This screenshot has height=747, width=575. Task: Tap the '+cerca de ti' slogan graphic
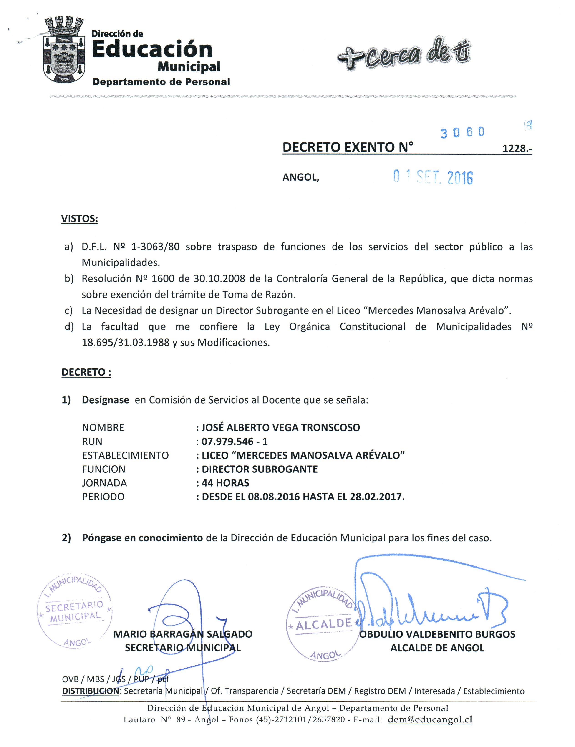[x=404, y=55]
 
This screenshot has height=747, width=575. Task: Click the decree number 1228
[x=517, y=149]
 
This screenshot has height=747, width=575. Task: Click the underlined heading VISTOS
[x=79, y=219]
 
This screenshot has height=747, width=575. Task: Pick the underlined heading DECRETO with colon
[x=86, y=372]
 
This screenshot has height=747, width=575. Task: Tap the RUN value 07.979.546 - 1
[x=234, y=441]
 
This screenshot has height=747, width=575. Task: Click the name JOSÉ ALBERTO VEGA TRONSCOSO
[x=280, y=428]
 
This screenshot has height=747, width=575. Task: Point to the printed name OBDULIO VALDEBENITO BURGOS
[x=437, y=634]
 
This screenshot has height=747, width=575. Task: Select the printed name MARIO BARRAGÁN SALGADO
[x=183, y=634]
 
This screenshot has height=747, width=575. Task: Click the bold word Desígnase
[x=105, y=400]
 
